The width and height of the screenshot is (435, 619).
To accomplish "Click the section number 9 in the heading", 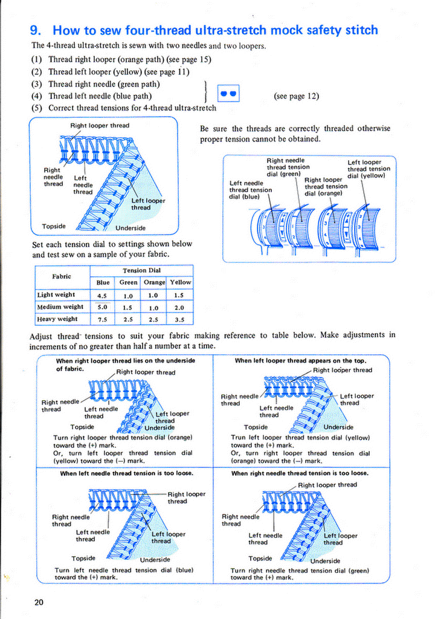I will pyautogui.click(x=35, y=30).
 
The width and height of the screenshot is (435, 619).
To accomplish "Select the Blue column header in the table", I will pyautogui.click(x=103, y=282).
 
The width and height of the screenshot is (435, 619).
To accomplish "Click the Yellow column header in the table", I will pyautogui.click(x=180, y=282).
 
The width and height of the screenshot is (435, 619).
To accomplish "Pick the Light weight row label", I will pyautogui.click(x=56, y=294).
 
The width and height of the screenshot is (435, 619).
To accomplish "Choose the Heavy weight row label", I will pyautogui.click(x=57, y=319).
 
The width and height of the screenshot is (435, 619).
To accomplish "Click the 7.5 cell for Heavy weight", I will pyautogui.click(x=102, y=319).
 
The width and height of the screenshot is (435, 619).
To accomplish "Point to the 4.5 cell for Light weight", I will pyautogui.click(x=102, y=295).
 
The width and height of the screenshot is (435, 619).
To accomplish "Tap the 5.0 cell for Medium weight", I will pyautogui.click(x=102, y=306).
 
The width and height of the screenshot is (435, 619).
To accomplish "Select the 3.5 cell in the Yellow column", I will pyautogui.click(x=179, y=319).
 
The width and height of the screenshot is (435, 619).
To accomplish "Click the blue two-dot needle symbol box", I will pyautogui.click(x=228, y=94).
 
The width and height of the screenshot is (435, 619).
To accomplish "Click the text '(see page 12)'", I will pyautogui.click(x=296, y=96).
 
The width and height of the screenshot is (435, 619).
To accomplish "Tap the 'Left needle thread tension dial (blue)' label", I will pyautogui.click(x=251, y=190).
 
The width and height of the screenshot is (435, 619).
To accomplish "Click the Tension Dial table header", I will pyautogui.click(x=141, y=270).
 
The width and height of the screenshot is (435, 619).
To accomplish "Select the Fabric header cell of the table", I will pyautogui.click(x=62, y=276).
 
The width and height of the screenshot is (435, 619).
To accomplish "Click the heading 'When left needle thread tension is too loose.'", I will pyautogui.click(x=127, y=473).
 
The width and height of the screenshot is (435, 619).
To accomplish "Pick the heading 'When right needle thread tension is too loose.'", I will pyautogui.click(x=300, y=473).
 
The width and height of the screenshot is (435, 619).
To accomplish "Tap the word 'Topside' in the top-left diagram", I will pyautogui.click(x=54, y=227).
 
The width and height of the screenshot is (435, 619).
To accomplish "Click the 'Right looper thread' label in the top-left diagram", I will pyautogui.click(x=100, y=126).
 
